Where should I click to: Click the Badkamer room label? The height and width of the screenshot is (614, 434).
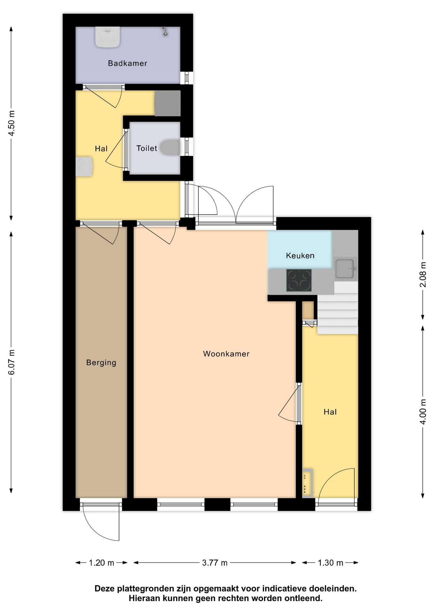[128, 63]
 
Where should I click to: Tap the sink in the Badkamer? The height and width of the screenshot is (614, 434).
[108, 37]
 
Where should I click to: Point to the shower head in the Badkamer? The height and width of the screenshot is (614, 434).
[165, 31]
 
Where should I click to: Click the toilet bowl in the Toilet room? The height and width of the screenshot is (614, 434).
[169, 148]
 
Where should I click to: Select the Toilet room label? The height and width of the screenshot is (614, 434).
[147, 148]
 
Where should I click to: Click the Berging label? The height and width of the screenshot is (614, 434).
[101, 363]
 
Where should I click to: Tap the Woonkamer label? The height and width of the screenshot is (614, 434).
[226, 354]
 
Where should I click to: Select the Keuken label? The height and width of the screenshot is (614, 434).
[300, 256]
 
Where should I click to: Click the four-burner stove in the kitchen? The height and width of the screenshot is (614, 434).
[299, 280]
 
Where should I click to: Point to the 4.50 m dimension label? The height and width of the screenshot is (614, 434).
[11, 123]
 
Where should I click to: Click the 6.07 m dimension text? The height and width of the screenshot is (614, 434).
[11, 362]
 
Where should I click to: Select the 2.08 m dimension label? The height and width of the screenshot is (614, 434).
[423, 274]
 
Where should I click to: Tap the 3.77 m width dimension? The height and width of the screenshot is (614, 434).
[215, 563]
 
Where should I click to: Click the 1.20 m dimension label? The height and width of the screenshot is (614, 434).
[101, 563]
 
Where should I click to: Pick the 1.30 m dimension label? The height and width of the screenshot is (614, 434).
[330, 563]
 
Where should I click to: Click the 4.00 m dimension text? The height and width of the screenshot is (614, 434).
[423, 412]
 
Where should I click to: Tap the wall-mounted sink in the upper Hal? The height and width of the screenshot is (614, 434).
[84, 166]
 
